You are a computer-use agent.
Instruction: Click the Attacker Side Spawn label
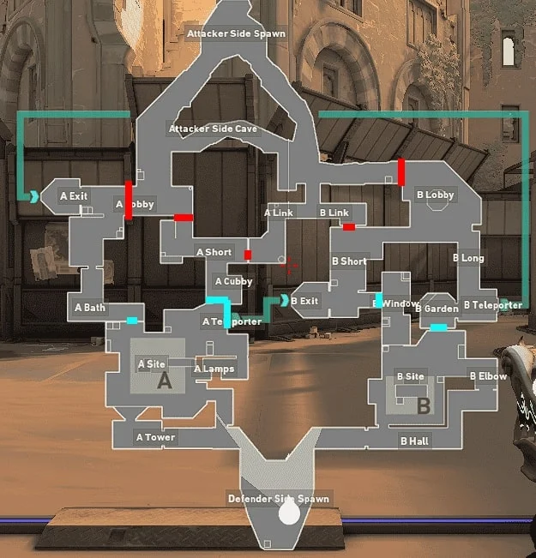click(x=236, y=34)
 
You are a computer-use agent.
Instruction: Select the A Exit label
click(x=74, y=196)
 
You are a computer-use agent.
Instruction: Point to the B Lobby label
click(x=435, y=195)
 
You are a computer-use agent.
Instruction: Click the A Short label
click(x=214, y=252)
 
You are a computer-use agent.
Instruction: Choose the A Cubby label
click(x=233, y=281)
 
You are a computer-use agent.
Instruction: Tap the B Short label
click(x=349, y=261)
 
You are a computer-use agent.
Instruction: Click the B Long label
click(x=468, y=258)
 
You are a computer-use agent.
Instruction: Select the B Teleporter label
click(x=492, y=304)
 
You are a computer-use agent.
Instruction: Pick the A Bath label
click(x=90, y=307)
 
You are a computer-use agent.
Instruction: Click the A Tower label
click(x=155, y=437)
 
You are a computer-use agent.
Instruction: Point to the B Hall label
click(x=414, y=441)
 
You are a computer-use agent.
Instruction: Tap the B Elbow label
click(x=488, y=375)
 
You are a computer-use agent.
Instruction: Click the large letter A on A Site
click(x=165, y=383)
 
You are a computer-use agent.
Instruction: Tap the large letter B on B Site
click(x=423, y=407)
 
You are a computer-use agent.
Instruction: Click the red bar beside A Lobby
click(x=129, y=200)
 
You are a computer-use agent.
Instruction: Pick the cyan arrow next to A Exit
click(x=34, y=196)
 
